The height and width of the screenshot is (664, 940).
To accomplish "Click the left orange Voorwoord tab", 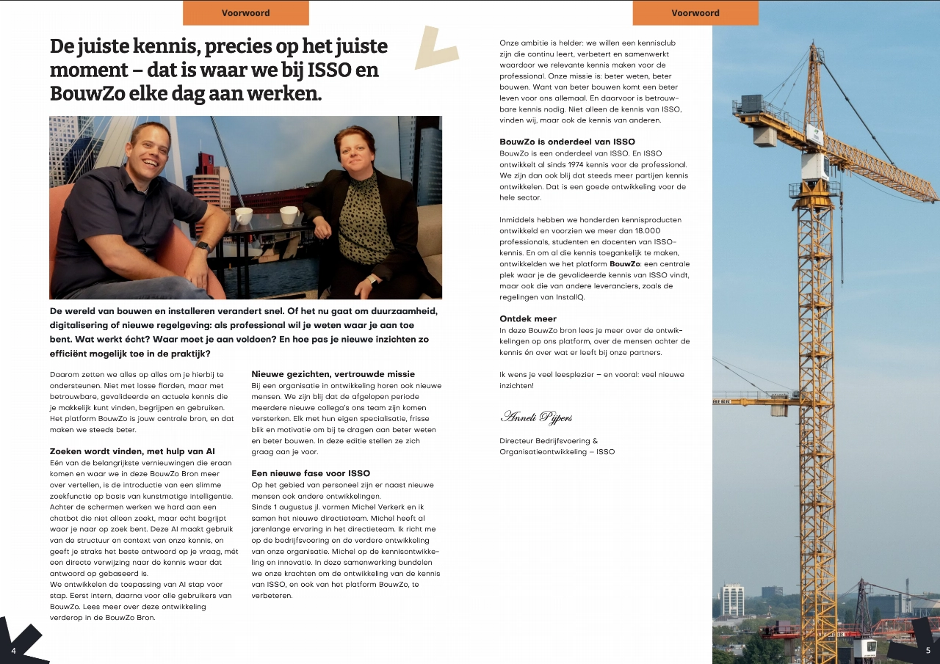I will tap(245, 12).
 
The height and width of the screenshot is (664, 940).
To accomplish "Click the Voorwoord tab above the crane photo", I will tap(695, 12).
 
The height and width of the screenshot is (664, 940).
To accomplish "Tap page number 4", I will tap(13, 651).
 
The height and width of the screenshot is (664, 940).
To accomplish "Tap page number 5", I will tap(928, 650).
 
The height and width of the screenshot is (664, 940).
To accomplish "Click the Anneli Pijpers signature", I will tap(536, 417).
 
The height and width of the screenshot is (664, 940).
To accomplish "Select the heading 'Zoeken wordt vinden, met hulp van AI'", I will tap(132, 450).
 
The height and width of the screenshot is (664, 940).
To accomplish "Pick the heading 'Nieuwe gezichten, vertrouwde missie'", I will tap(333, 374).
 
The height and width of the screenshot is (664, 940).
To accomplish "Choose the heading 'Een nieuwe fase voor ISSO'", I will tap(311, 473).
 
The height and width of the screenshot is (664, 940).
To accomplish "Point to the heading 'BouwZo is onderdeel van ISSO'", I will tap(567, 142).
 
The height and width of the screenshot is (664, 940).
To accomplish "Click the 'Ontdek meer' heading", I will tap(528, 319).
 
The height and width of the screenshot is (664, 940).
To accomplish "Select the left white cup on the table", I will tap(244, 216).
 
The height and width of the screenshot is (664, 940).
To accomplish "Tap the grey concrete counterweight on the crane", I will tap(764, 136).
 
